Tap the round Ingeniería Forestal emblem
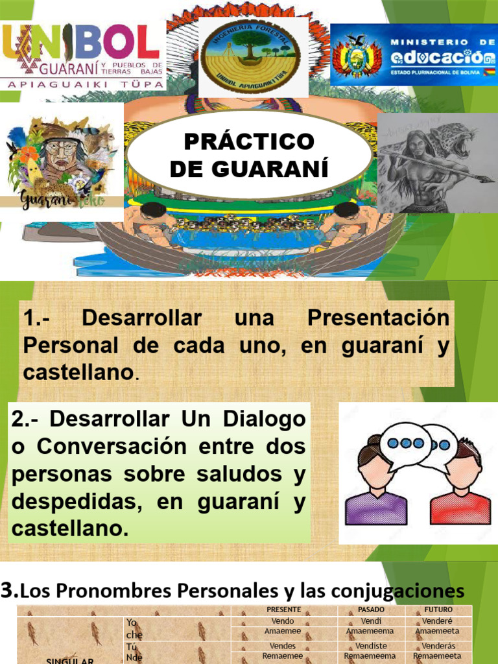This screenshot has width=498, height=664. pyautogui.click(x=248, y=57)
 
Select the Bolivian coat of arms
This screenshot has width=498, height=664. pyautogui.click(x=356, y=56)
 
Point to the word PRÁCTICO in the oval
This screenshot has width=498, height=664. pyautogui.click(x=249, y=141)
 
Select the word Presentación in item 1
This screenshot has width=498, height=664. pyautogui.click(x=378, y=318)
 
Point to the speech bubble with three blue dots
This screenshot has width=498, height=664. pyautogui.click(x=405, y=443)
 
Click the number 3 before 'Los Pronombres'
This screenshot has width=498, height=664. pyautogui.click(x=9, y=590)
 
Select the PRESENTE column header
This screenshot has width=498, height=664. pyautogui.click(x=283, y=610)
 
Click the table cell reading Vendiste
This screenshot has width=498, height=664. pyautogui.click(x=371, y=646)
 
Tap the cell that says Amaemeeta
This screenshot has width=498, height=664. pyautogui.click(x=437, y=630)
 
